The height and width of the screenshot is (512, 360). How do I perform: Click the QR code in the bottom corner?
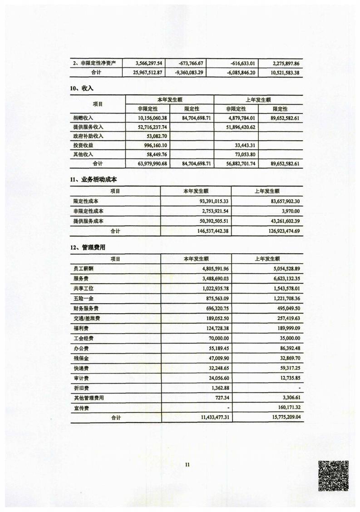(x=333, y=476)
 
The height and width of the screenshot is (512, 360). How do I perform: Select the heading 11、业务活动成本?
(x=94, y=180)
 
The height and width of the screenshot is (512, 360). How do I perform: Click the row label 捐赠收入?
(x=83, y=118)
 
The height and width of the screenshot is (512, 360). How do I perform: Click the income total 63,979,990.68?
(x=149, y=163)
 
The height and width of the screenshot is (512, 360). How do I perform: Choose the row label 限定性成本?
(x=86, y=201)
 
